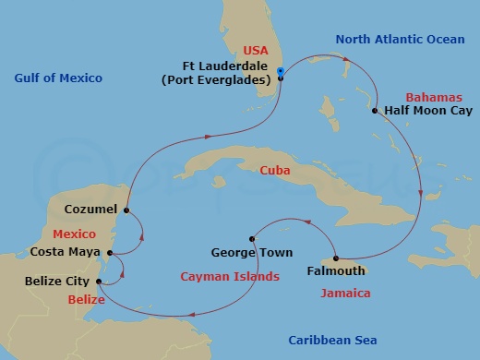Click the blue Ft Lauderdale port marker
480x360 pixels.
tap(280, 78)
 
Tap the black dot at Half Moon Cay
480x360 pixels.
tap(375, 112)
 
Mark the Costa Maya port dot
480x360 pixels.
tap(111, 252)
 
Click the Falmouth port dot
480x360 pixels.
tap(335, 258)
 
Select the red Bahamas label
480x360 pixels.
tap(430, 96)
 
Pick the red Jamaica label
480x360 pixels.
tap(345, 294)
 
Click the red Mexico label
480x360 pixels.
tap(75, 234)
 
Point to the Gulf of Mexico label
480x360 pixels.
tap(57, 78)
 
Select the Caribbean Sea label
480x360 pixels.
tap(331, 341)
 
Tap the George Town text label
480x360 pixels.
tap(252, 252)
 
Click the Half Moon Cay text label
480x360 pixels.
tap(424, 113)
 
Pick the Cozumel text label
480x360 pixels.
tap(90, 210)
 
